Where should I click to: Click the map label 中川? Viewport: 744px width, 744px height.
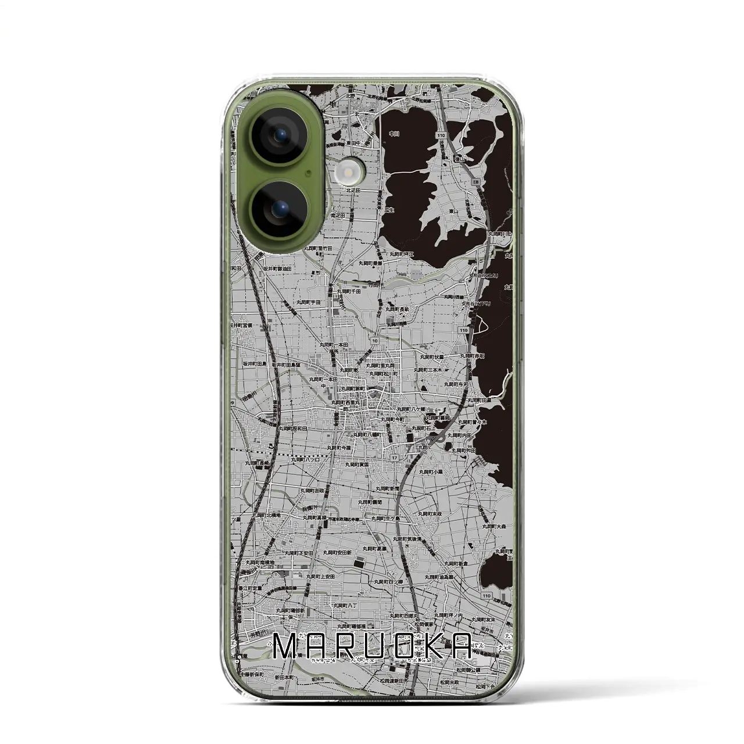[x=394, y=134]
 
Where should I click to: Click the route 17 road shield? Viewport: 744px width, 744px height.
[x=395, y=458]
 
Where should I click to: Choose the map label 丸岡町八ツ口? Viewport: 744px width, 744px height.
[x=306, y=459]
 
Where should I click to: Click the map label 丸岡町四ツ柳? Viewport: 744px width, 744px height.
[x=389, y=581]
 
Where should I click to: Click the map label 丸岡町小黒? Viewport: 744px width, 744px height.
[x=430, y=472]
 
